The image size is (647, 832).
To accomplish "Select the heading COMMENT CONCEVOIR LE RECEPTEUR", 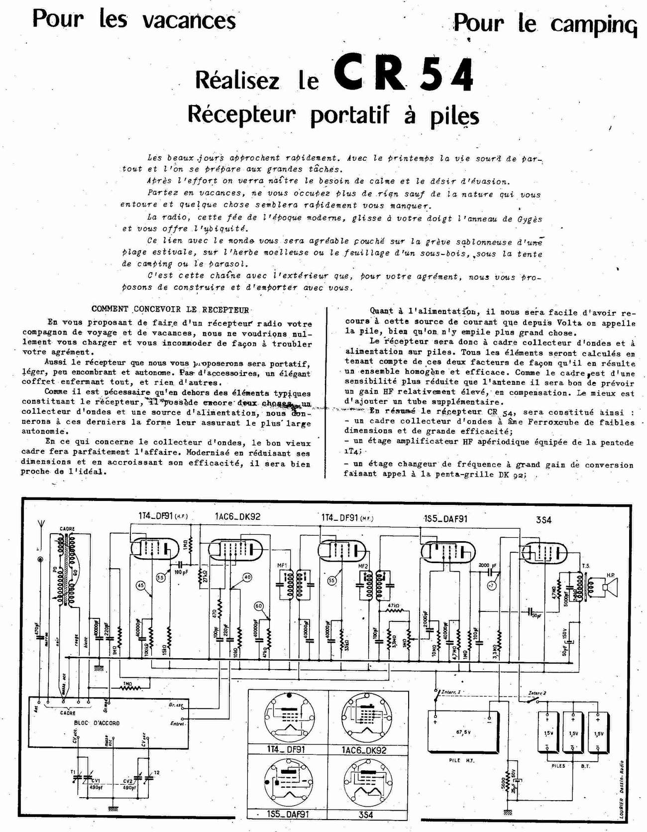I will coord(170,310).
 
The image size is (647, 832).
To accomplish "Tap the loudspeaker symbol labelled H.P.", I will coord(609,587).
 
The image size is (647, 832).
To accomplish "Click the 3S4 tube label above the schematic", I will coord(543,520).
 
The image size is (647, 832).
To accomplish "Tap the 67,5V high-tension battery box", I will coord(463,732).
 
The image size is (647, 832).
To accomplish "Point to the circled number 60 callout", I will coord(258,605).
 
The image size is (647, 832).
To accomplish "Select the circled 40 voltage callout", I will coord(247,578).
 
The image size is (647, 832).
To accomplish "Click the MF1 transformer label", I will coord(282,566).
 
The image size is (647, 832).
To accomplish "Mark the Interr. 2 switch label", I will coord(537,693).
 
